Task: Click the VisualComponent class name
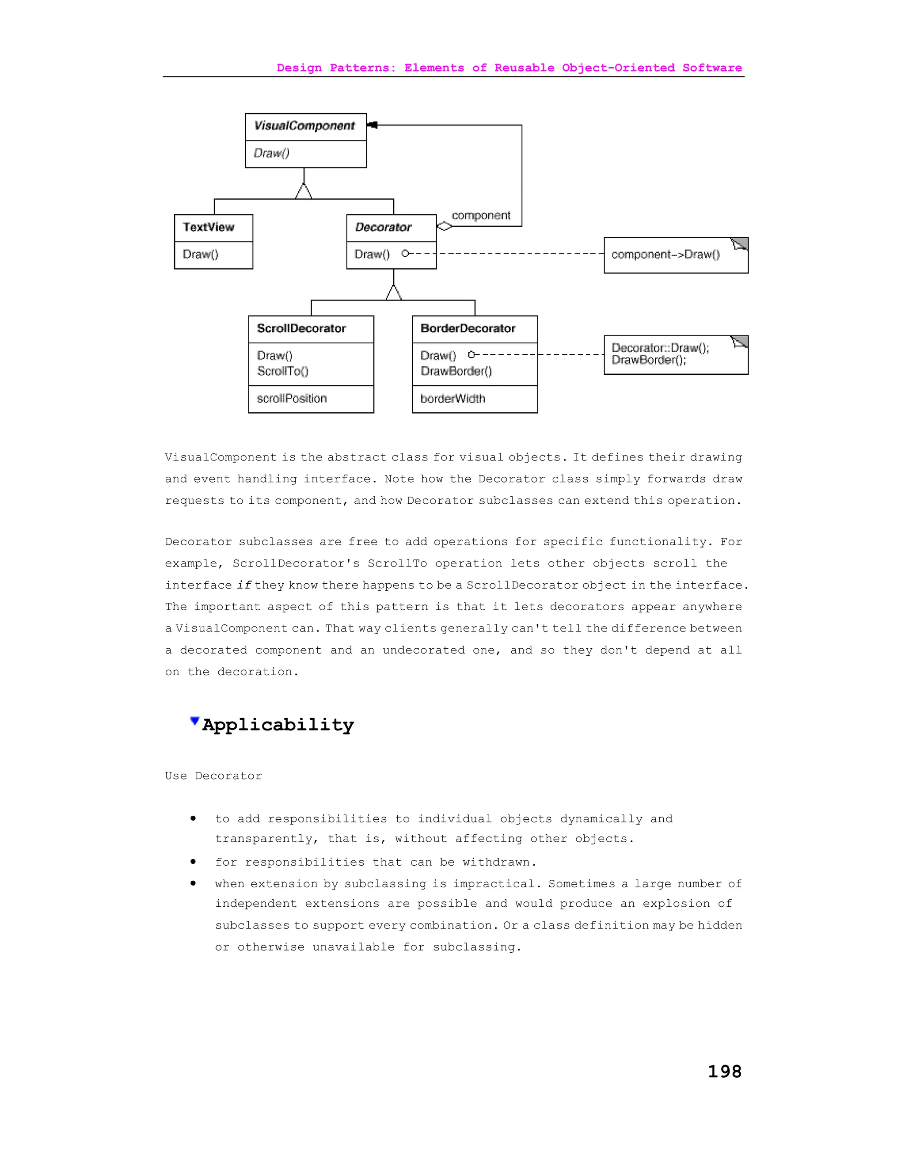[304, 126]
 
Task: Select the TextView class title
[208, 227]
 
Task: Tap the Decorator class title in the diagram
[383, 227]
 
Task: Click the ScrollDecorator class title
[301, 329]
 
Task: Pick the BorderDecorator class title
[468, 329]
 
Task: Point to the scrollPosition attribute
[292, 399]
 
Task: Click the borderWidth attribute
[452, 399]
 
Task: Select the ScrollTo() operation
[282, 372]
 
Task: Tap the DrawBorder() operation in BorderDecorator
[456, 372]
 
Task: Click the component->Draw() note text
[665, 255]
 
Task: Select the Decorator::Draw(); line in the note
[660, 348]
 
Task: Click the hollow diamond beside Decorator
[445, 226]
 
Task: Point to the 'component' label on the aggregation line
[481, 216]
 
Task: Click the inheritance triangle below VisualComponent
[304, 191]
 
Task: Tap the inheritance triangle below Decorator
[394, 293]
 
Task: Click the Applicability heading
[278, 725]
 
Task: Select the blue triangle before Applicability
[194, 721]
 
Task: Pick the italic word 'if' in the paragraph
[244, 585]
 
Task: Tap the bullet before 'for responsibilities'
[193, 862]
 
